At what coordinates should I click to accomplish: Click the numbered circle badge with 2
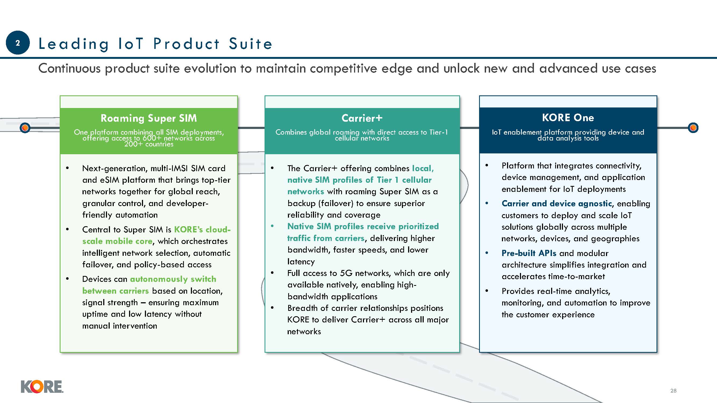coord(17,42)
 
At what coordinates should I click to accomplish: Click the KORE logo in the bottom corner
coord(42,387)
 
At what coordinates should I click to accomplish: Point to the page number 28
coord(673,391)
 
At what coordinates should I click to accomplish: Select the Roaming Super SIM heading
coord(149,118)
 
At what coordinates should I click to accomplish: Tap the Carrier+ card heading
coord(362,118)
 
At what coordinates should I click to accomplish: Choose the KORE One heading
coord(568,118)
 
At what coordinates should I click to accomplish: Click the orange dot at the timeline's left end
coord(25,128)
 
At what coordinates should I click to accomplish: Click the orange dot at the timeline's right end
coord(693,128)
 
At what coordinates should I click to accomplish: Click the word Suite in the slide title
coord(251,44)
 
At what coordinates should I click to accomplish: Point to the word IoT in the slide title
coord(131,44)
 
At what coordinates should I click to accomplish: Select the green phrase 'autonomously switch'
coord(173,279)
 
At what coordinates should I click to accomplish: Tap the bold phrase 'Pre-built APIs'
coord(529,253)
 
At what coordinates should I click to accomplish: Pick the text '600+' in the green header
coord(152,138)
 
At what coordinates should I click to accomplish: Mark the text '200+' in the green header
coord(133,144)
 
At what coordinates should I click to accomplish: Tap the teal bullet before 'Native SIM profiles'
coord(272,226)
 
